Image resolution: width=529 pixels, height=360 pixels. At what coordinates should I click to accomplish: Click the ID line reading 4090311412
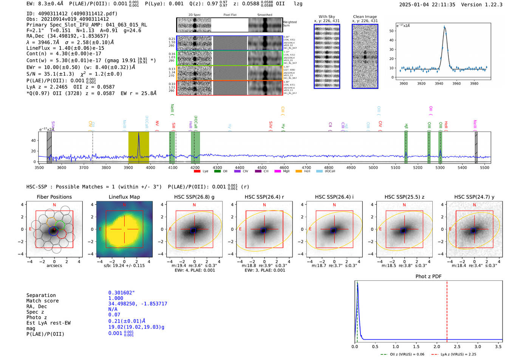pos(72,14)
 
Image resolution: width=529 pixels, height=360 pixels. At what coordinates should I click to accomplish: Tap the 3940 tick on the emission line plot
pos(439,83)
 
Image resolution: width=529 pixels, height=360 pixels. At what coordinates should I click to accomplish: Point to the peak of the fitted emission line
pos(444,27)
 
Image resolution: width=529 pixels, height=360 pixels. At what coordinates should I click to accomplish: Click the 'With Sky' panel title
pos(326,17)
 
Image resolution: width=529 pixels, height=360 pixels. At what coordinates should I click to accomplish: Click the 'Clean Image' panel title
pos(365,17)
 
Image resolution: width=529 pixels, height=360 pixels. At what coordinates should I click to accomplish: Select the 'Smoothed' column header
pos(264,15)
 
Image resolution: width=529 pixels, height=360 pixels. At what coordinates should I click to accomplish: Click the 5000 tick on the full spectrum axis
pos(373,167)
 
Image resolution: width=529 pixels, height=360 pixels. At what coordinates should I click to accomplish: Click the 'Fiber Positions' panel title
pos(54,197)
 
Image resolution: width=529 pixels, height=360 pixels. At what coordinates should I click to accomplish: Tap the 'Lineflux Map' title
pos(124,197)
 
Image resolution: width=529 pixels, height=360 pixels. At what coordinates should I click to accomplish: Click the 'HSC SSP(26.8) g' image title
pos(194,197)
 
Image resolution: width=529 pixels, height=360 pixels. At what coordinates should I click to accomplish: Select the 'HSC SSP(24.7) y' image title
pos(474,197)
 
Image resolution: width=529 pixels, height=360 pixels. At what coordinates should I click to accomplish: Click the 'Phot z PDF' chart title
pos(428,277)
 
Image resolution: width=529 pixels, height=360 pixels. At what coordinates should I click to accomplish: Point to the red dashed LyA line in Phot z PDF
pos(447,310)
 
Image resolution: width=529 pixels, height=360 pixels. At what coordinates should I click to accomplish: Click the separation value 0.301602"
pos(121,293)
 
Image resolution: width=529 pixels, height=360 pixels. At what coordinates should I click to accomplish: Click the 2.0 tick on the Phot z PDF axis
pos(437,346)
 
